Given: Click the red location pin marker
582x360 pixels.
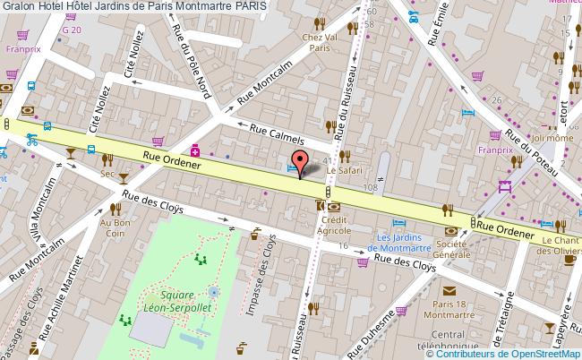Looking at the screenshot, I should click(301, 161).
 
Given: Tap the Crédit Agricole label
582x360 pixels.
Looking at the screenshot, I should click(333, 225).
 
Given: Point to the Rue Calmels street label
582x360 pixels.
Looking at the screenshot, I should click(278, 134).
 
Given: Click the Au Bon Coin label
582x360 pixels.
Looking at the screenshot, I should click(116, 227).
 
